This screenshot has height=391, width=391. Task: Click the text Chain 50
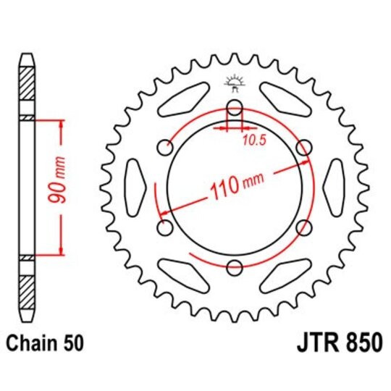[46, 342]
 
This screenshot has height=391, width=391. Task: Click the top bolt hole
[234, 108]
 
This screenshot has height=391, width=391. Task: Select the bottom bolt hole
[234, 269]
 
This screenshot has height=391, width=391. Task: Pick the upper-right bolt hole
[304, 148]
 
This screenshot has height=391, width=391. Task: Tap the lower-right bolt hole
[303, 229]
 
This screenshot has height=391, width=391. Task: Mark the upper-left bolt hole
[164, 148]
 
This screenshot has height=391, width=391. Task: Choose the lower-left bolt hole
[164, 229]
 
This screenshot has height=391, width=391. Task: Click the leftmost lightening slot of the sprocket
[136, 188]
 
